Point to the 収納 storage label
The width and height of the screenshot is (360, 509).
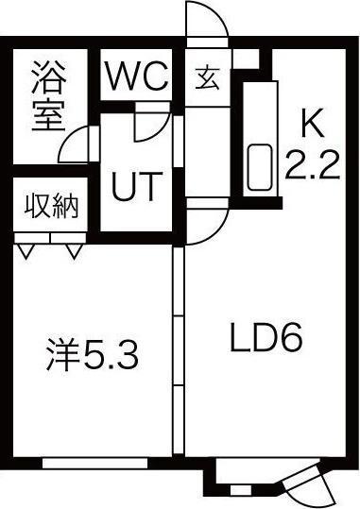click(50, 205)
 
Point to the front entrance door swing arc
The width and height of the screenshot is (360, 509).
click(209, 21)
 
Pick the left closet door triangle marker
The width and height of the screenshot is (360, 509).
click(26, 251)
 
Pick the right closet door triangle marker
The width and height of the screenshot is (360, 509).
click(74, 251)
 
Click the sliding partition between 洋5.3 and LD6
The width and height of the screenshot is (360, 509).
click(176, 349)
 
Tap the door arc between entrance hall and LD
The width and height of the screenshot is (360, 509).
click(210, 225)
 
